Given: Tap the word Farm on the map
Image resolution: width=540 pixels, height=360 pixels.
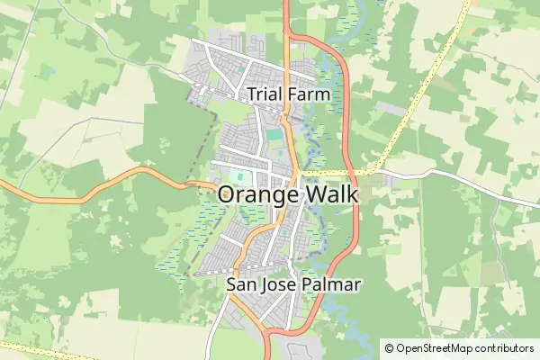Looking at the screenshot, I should click(x=305, y=94).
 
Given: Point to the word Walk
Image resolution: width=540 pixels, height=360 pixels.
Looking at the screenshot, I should click(x=331, y=194).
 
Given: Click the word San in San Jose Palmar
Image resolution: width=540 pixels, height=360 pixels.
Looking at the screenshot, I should click(x=239, y=285).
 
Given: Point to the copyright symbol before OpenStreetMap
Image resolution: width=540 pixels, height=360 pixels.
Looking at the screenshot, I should click(x=390, y=347).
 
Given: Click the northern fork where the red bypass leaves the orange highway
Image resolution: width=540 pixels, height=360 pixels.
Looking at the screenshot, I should click(x=286, y=36).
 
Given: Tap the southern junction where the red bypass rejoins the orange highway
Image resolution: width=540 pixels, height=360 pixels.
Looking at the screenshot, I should click(x=267, y=333).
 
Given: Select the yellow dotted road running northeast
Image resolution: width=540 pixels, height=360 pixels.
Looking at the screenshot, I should click(x=423, y=90).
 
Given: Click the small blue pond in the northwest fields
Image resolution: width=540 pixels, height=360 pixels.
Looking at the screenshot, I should click(x=49, y=69).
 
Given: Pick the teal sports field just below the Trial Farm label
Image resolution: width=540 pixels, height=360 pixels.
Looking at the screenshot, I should click(x=274, y=135).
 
